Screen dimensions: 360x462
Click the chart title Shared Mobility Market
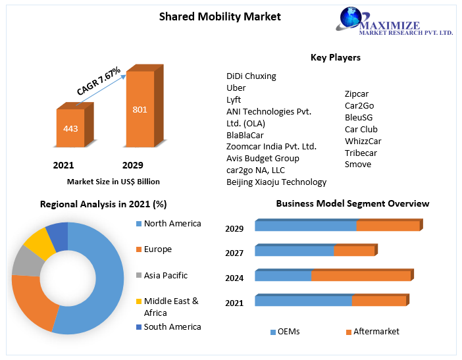[220, 16]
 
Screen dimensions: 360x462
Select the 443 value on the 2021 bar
[70, 128]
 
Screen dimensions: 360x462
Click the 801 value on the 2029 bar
[140, 109]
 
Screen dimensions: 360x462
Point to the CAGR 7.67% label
[98, 82]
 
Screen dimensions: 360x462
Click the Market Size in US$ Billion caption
[113, 182]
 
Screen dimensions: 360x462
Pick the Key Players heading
[335, 57]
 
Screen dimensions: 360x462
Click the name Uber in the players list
[236, 88]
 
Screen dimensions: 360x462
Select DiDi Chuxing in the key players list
[251, 76]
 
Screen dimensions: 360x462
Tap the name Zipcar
[357, 93]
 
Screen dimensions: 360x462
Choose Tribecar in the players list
[361, 153]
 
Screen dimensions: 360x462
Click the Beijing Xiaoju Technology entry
[276, 182]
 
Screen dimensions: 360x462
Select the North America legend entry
[172, 224]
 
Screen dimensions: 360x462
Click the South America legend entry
[172, 326]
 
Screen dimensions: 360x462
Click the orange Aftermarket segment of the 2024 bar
[361, 276]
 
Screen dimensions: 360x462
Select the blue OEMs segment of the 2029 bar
[305, 226]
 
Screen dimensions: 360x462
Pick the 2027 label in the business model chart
[234, 253]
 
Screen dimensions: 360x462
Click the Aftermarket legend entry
[376, 332]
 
